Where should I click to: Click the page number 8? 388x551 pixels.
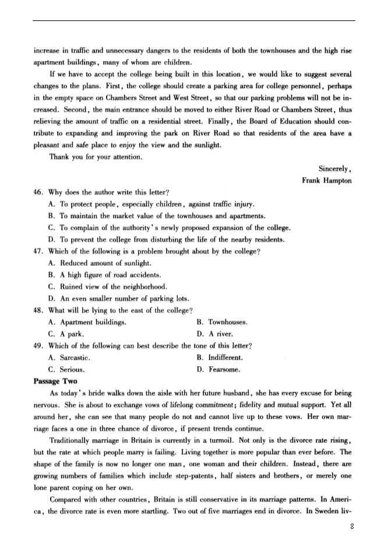(x=352, y=527)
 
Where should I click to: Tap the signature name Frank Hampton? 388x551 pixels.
(x=326, y=180)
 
